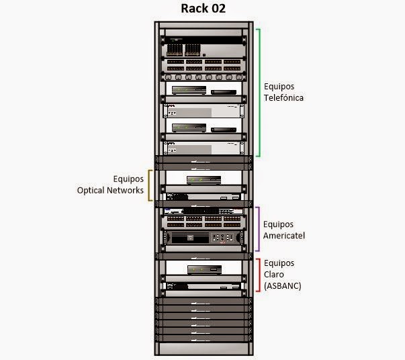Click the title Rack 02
point(203,8)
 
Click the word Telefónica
point(283,98)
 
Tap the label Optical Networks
point(110,190)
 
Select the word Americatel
point(284,236)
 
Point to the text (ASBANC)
point(283,286)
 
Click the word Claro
point(274,274)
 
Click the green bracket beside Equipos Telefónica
point(259,93)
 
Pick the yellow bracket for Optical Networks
point(149,185)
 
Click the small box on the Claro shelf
point(204,270)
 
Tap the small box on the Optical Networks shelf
point(204,180)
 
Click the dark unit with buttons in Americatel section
point(204,238)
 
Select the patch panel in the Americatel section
point(204,222)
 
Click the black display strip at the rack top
point(204,40)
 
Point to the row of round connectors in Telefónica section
point(204,77)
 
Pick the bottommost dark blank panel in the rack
point(204,339)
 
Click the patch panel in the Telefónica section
point(204,65)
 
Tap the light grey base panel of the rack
point(204,349)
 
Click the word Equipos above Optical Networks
point(128,179)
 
